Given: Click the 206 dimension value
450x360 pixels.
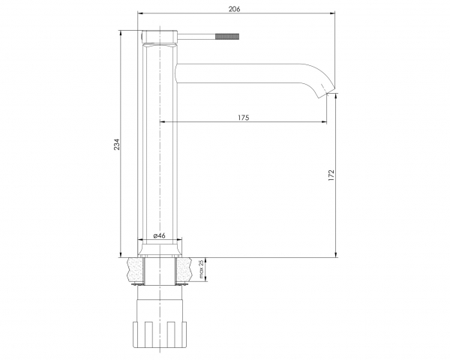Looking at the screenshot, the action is (234, 9).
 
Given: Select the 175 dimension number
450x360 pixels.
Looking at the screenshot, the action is (243, 118).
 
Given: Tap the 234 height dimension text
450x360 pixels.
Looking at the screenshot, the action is (117, 145).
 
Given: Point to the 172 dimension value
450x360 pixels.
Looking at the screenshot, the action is (331, 175).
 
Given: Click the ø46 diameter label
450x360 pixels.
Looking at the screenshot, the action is (159, 235).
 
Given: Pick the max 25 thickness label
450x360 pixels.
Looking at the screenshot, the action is (201, 269).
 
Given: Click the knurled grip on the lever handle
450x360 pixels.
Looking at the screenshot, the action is (227, 37).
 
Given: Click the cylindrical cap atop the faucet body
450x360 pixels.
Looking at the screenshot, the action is (160, 37).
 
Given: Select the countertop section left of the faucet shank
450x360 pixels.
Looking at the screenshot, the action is (136, 270).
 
